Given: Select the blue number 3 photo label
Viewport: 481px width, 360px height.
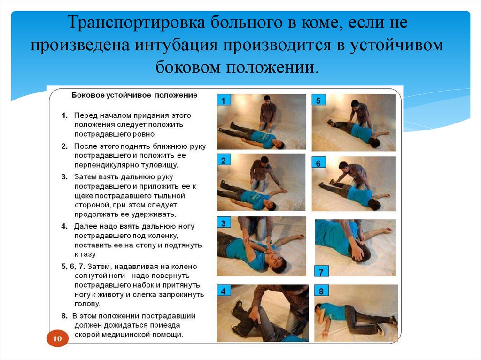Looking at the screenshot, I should tap(224, 223).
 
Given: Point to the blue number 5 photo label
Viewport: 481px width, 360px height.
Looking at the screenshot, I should tap(318, 100).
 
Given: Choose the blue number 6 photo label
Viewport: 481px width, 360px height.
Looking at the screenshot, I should tap(318, 163).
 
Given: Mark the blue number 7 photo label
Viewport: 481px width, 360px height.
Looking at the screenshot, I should tap(321, 272).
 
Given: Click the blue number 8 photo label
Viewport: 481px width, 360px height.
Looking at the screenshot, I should tap(321, 291).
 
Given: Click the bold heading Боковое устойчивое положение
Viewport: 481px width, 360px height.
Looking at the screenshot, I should tap(134, 95).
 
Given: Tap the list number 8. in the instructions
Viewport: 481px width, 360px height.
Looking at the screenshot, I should tap(64, 315).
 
